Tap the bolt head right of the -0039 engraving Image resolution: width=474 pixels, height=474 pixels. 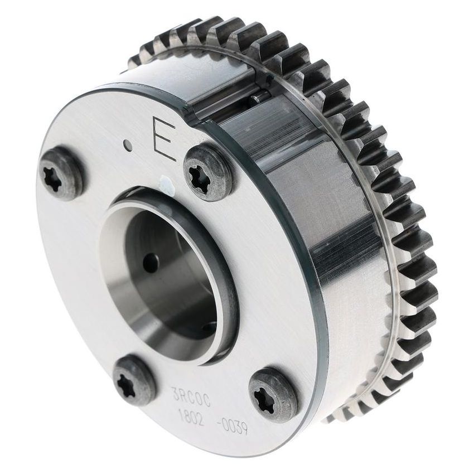click(273, 394)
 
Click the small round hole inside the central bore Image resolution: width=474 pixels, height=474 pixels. click(151, 263)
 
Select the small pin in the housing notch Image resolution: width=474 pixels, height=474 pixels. click(257, 99)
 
